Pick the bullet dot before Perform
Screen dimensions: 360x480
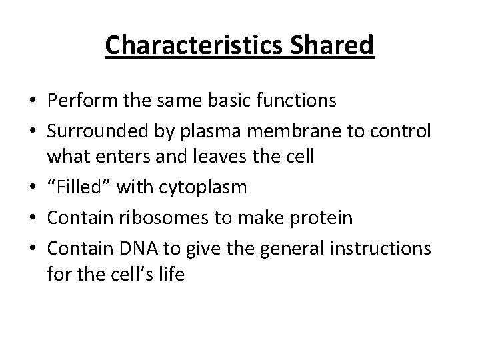pos(33,101)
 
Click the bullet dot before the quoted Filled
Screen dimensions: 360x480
pos(33,189)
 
